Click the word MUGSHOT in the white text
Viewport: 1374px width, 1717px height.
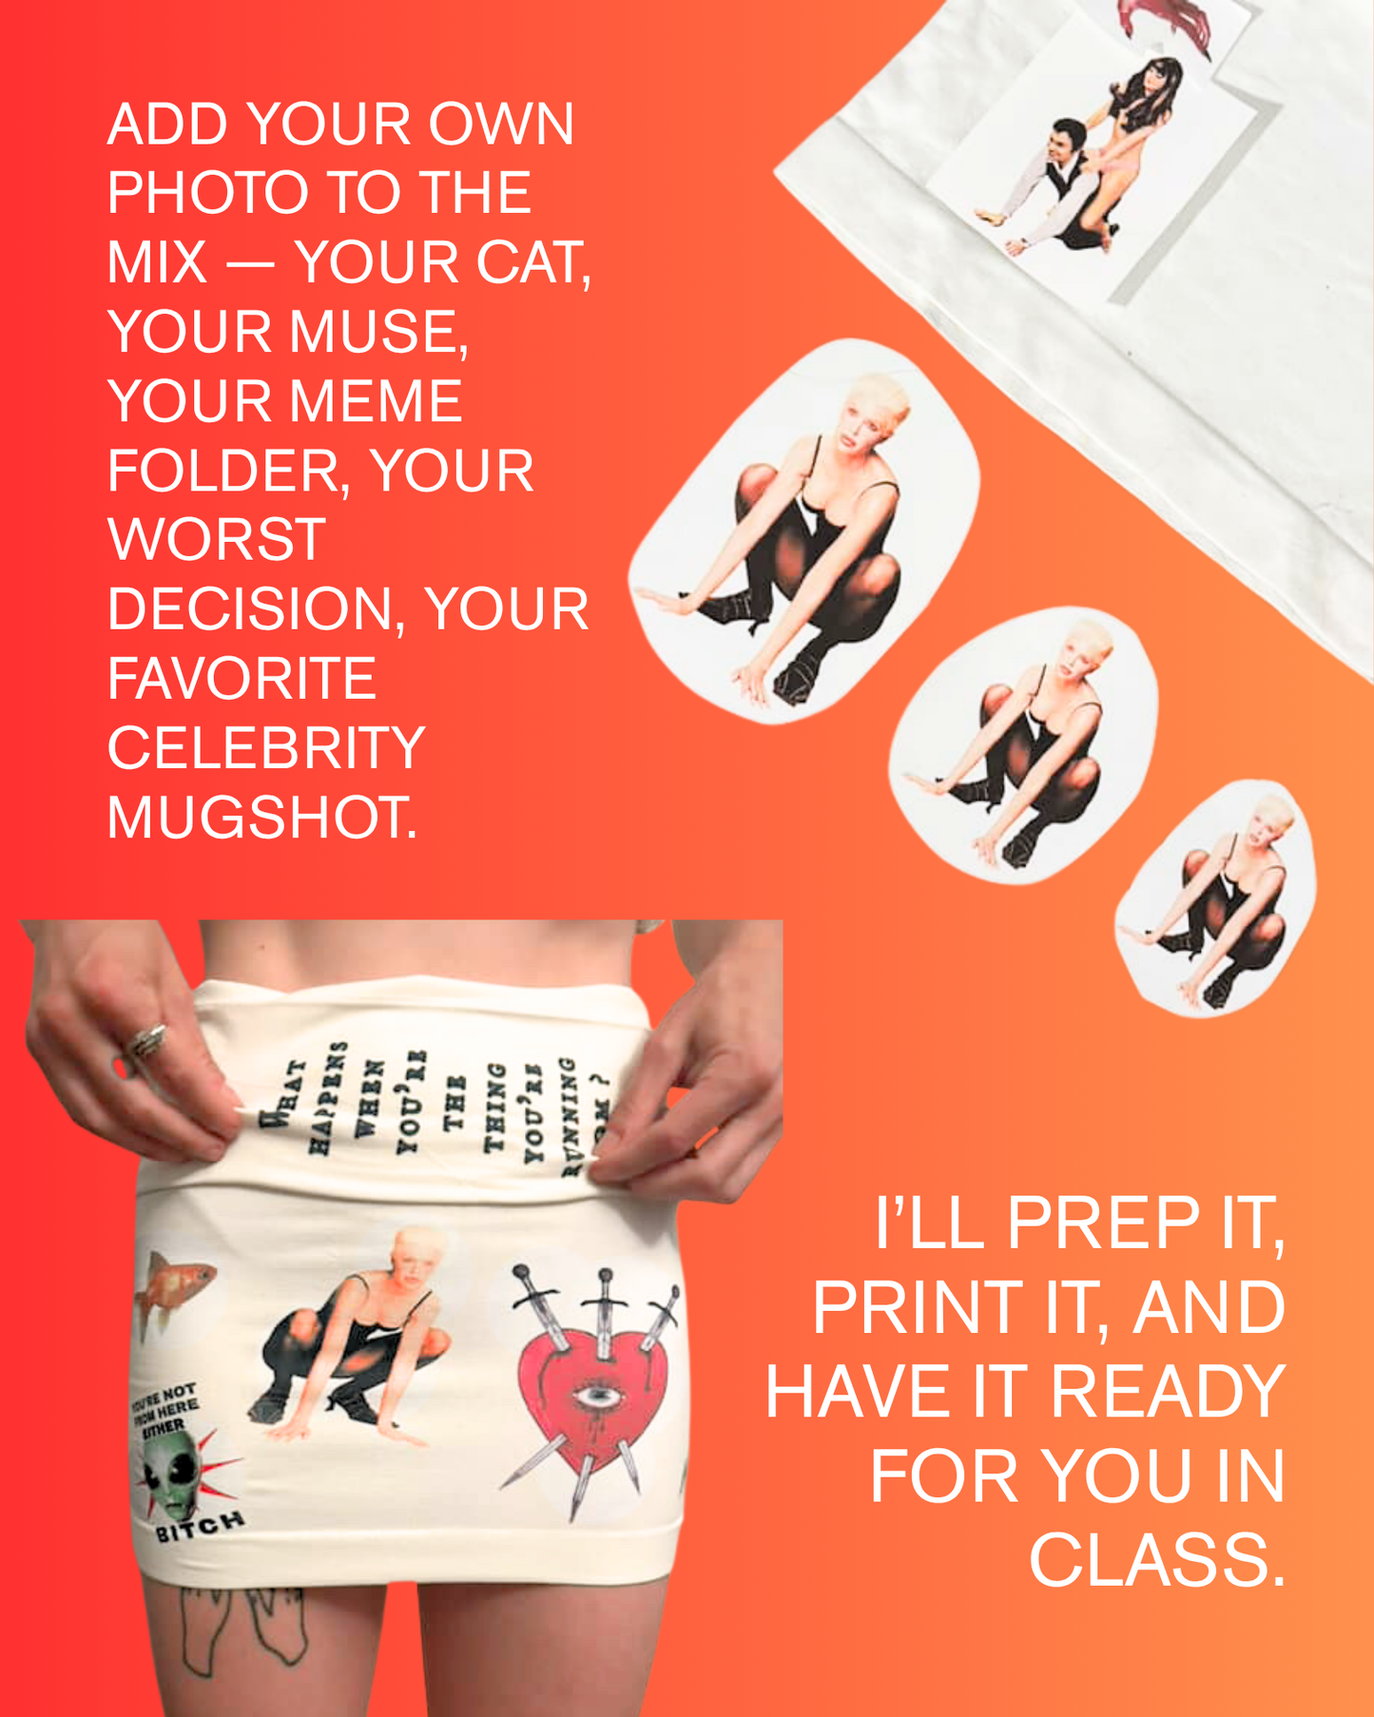(x=261, y=817)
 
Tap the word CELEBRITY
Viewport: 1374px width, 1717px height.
(x=266, y=747)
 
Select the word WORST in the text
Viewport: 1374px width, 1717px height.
(x=217, y=539)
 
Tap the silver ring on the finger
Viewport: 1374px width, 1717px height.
(x=147, y=1039)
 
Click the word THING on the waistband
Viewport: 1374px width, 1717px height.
(x=494, y=1106)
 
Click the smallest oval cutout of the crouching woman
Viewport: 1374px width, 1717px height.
(x=1217, y=898)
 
